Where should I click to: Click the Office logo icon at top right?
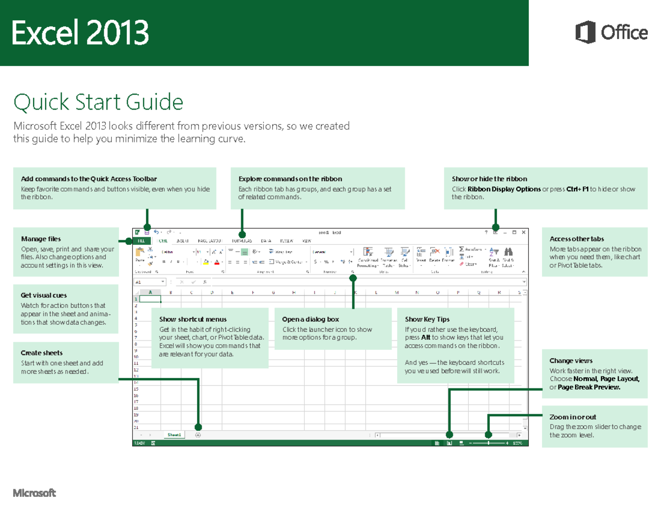(585, 32)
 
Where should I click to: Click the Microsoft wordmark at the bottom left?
(34, 493)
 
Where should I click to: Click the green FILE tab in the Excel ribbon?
(142, 241)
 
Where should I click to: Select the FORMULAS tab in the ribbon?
(241, 241)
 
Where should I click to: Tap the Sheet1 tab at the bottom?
(174, 435)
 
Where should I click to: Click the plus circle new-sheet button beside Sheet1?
(198, 435)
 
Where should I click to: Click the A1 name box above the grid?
(147, 282)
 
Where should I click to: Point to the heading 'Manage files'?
(41, 239)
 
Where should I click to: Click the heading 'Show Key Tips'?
(427, 319)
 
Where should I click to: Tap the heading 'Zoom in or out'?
(572, 417)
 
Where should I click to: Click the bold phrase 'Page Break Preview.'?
(589, 387)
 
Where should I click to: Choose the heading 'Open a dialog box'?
(310, 319)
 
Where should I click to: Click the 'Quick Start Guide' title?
(98, 102)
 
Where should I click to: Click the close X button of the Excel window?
(522, 232)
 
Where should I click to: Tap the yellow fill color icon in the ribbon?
(205, 262)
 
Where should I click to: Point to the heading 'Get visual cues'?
(44, 295)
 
